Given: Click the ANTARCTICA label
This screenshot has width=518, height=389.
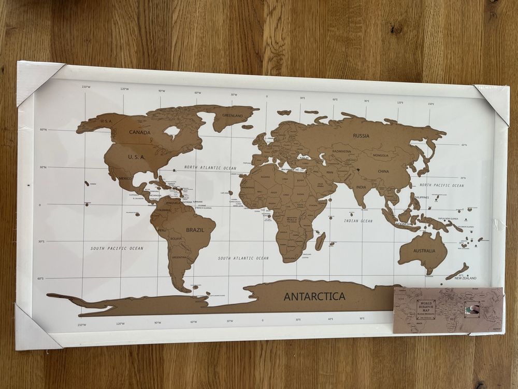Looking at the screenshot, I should click(x=314, y=297).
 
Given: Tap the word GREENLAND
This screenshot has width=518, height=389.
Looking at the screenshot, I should click(x=233, y=115).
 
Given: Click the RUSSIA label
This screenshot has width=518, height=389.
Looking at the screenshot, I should click(x=361, y=136).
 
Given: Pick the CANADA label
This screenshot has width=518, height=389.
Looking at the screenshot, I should click(x=140, y=132).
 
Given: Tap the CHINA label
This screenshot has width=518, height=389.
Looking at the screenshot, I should click(x=383, y=171).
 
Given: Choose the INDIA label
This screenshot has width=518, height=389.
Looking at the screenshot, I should click(x=361, y=187).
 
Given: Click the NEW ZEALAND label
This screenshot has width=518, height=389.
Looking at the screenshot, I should click(x=465, y=278).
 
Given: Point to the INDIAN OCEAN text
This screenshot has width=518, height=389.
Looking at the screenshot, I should click(x=358, y=221).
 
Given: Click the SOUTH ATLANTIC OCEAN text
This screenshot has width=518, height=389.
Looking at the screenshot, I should click(x=243, y=258).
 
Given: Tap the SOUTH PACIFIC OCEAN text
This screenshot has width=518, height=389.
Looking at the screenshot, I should click(x=117, y=248).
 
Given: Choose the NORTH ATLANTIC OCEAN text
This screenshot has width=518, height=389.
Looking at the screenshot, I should click(x=210, y=168).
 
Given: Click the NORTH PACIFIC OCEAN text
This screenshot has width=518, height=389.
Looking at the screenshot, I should click(x=442, y=185).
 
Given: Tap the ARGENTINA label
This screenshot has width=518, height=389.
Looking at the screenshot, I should click(x=180, y=257).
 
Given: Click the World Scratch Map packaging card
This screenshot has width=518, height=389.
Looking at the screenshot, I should click(x=448, y=310).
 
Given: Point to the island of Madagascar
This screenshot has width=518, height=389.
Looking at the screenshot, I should click(x=321, y=241).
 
